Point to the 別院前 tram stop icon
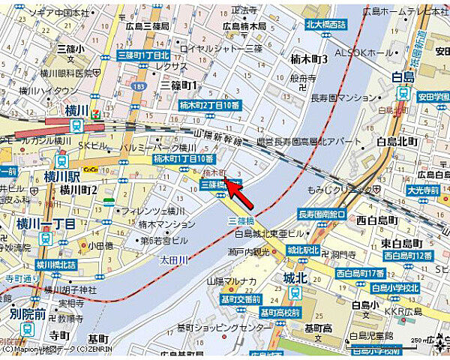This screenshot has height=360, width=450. click(28, 328)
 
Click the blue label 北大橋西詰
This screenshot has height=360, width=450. click(326, 25)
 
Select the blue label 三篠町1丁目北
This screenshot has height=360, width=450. click(144, 55)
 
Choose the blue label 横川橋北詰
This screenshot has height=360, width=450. click(57, 265)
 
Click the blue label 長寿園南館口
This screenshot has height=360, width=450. click(322, 214)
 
